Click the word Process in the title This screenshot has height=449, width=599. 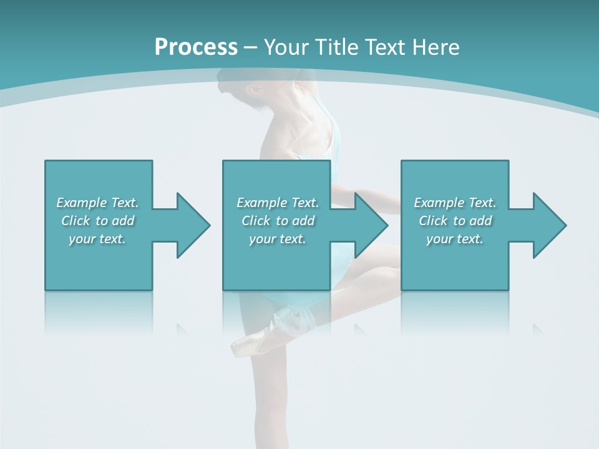click(x=196, y=47)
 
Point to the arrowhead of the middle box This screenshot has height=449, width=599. click(x=370, y=225)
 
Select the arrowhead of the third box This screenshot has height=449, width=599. click(x=548, y=225)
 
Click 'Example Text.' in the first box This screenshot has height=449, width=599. click(x=97, y=203)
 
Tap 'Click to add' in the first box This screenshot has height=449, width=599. click(x=97, y=221)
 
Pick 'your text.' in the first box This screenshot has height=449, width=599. click(x=97, y=239)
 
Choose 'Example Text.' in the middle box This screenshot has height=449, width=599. click(x=278, y=203)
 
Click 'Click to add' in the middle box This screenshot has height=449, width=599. click(x=278, y=221)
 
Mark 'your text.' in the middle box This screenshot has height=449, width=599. click(x=278, y=239)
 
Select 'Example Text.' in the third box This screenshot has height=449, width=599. click(x=455, y=203)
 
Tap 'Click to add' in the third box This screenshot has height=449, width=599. click(x=455, y=221)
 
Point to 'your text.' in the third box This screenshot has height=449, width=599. click(x=455, y=239)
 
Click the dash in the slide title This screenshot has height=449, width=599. click(x=251, y=47)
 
